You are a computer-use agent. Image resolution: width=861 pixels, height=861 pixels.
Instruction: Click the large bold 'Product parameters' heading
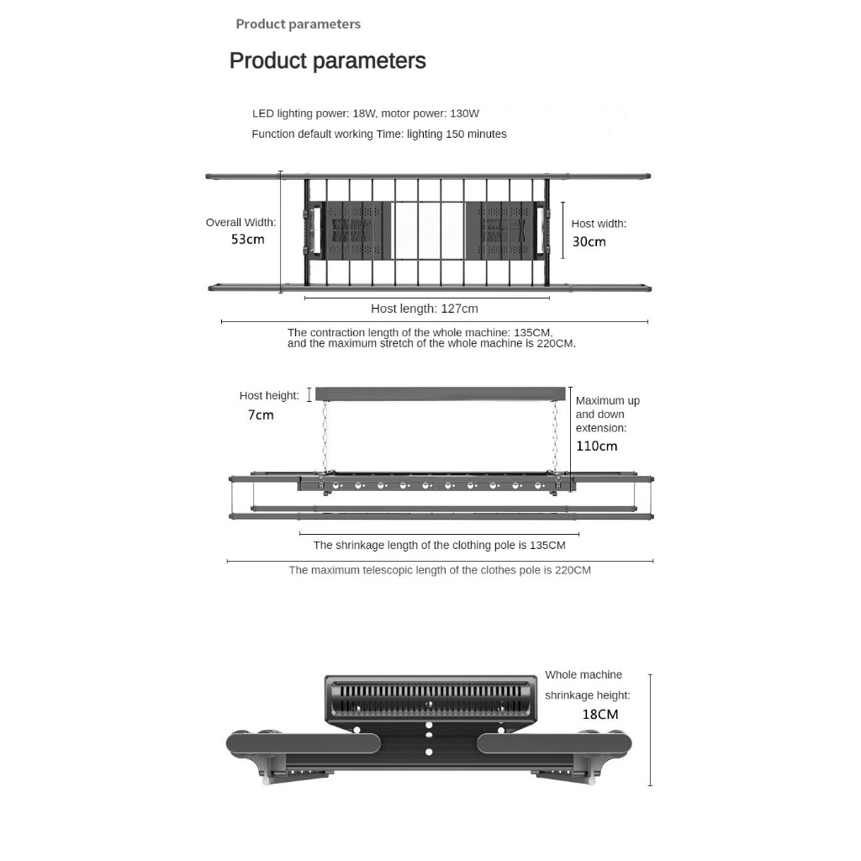coord(327,61)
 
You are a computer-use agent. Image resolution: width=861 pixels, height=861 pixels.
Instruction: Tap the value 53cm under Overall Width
coord(248,240)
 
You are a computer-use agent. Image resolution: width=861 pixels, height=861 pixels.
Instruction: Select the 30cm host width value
coord(589,242)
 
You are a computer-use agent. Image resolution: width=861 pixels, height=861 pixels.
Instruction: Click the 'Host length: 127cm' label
coord(424,309)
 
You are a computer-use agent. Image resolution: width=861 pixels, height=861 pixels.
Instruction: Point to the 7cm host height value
coord(261,415)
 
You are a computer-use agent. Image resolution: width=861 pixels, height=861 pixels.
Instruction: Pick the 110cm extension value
coord(596,446)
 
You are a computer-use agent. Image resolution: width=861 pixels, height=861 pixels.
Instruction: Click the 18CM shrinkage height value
coord(600,715)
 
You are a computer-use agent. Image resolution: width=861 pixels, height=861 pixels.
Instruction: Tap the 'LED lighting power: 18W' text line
coord(365,114)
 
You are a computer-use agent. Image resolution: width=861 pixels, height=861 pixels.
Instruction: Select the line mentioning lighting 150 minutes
coord(378,135)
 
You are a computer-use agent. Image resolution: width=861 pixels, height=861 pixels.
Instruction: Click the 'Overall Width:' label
coord(240,223)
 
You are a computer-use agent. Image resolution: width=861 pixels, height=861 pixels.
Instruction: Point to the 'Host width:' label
coord(599,224)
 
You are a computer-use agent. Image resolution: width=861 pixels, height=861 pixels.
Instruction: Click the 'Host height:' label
coord(269,396)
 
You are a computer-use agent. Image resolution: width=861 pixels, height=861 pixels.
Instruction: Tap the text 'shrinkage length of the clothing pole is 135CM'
coord(439,546)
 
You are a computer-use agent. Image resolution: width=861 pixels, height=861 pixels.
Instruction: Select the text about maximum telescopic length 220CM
coord(439,571)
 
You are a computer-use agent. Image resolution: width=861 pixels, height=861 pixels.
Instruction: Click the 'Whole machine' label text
coord(584,675)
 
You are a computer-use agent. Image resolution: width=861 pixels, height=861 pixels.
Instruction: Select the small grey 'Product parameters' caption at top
coord(298,24)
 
